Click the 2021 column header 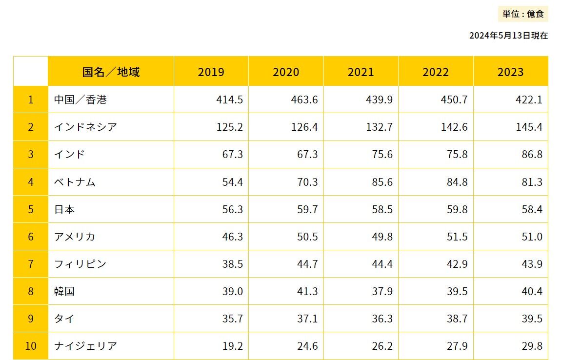click(361, 72)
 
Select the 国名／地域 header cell click(111, 72)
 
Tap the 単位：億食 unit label click(523, 14)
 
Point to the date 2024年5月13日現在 click(508, 36)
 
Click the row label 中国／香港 click(80, 100)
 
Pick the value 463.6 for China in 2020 click(305, 100)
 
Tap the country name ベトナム click(75, 182)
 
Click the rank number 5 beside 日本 click(31, 209)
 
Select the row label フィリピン click(80, 264)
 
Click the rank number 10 click(31, 346)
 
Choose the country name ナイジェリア click(85, 346)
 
